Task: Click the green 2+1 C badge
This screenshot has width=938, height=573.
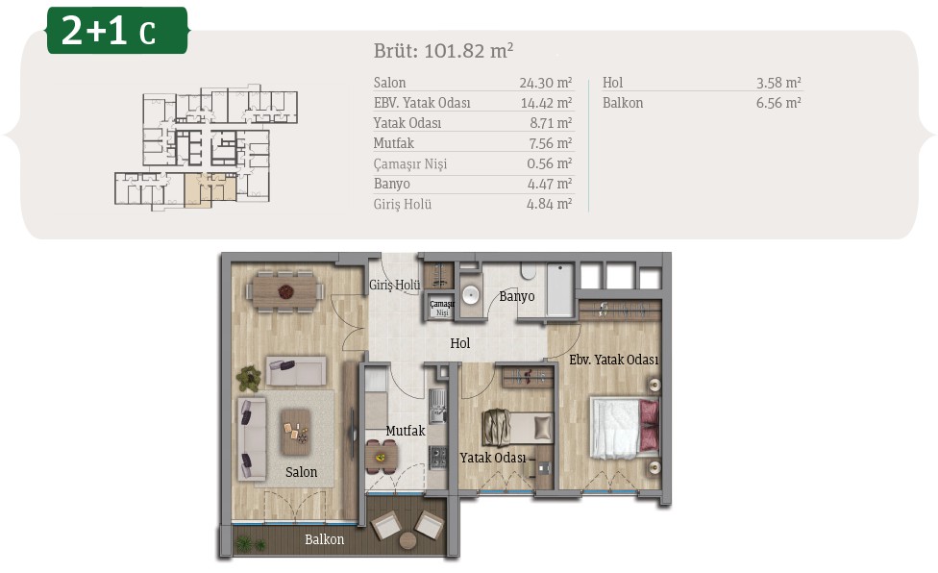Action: coord(117,30)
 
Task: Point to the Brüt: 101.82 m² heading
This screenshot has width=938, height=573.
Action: coord(443,50)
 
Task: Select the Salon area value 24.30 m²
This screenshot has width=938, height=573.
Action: coord(546,83)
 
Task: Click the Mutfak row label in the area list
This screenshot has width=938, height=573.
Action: coord(394,143)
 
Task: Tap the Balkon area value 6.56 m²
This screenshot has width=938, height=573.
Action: coord(778,103)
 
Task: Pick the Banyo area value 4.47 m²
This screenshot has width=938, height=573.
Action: coord(550,184)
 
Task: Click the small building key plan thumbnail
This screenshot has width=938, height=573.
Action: coord(207,147)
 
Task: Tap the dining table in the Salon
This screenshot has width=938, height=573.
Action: coord(285,292)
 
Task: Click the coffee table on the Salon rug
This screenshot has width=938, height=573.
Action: coord(295,433)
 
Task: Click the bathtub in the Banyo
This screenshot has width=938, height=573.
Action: coord(560,290)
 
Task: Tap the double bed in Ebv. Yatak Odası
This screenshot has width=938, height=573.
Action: coord(625,428)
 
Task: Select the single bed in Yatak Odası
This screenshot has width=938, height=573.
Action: coord(517,428)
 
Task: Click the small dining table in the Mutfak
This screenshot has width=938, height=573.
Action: coord(381,458)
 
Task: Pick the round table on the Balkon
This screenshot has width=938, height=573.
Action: coord(408,540)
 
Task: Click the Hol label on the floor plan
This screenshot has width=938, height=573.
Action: coord(460,343)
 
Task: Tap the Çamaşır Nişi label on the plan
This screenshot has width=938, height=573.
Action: coord(442,308)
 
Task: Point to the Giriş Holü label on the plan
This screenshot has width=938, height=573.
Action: coord(394,285)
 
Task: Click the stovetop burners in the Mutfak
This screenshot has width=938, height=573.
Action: coord(438,457)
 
